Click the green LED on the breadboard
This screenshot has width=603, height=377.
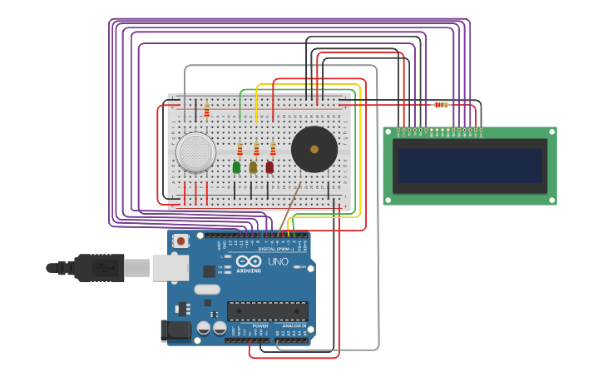(237, 167)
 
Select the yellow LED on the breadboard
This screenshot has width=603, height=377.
(254, 167)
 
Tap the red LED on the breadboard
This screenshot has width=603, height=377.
(269, 167)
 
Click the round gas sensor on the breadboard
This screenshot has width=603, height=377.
(195, 151)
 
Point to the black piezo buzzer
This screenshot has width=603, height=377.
(314, 150)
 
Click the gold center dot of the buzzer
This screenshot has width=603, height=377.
(314, 150)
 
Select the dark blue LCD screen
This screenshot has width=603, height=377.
(470, 166)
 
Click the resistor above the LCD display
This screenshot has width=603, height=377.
(441, 105)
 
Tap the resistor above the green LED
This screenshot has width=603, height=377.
(240, 149)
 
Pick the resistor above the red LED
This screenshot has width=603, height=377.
(273, 149)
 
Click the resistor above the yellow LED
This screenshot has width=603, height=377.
(256, 149)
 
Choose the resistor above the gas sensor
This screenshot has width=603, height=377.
(206, 110)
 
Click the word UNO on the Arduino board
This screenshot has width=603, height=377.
(279, 261)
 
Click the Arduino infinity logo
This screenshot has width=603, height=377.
(248, 261)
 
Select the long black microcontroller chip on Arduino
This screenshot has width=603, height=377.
(268, 311)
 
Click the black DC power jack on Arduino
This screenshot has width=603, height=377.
(174, 330)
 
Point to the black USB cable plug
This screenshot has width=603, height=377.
(100, 267)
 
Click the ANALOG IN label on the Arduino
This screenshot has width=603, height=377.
(291, 326)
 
